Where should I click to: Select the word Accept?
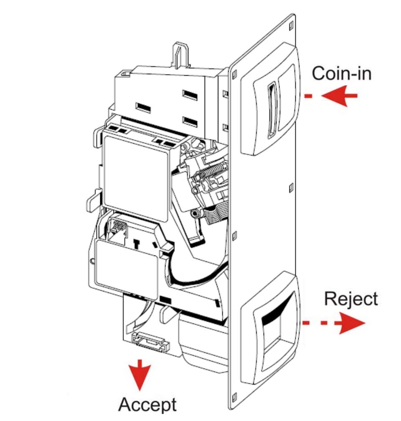tap(147, 405)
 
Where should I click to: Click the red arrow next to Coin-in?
tap(339, 96)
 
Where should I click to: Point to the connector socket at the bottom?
tap(150, 341)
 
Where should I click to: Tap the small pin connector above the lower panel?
tap(118, 227)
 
